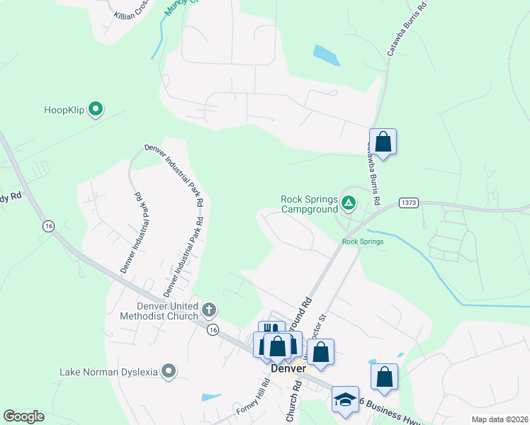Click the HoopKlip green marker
96,109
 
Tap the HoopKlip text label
64,110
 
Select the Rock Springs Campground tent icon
348,203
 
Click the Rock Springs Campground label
309,204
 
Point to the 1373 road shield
408,203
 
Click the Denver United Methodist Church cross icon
208,310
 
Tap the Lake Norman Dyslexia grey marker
169,370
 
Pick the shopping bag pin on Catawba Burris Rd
383,141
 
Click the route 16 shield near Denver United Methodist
212,329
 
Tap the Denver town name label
288,369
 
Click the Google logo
23,416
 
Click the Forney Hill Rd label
253,397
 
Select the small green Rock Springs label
362,242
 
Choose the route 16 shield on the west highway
48,226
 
